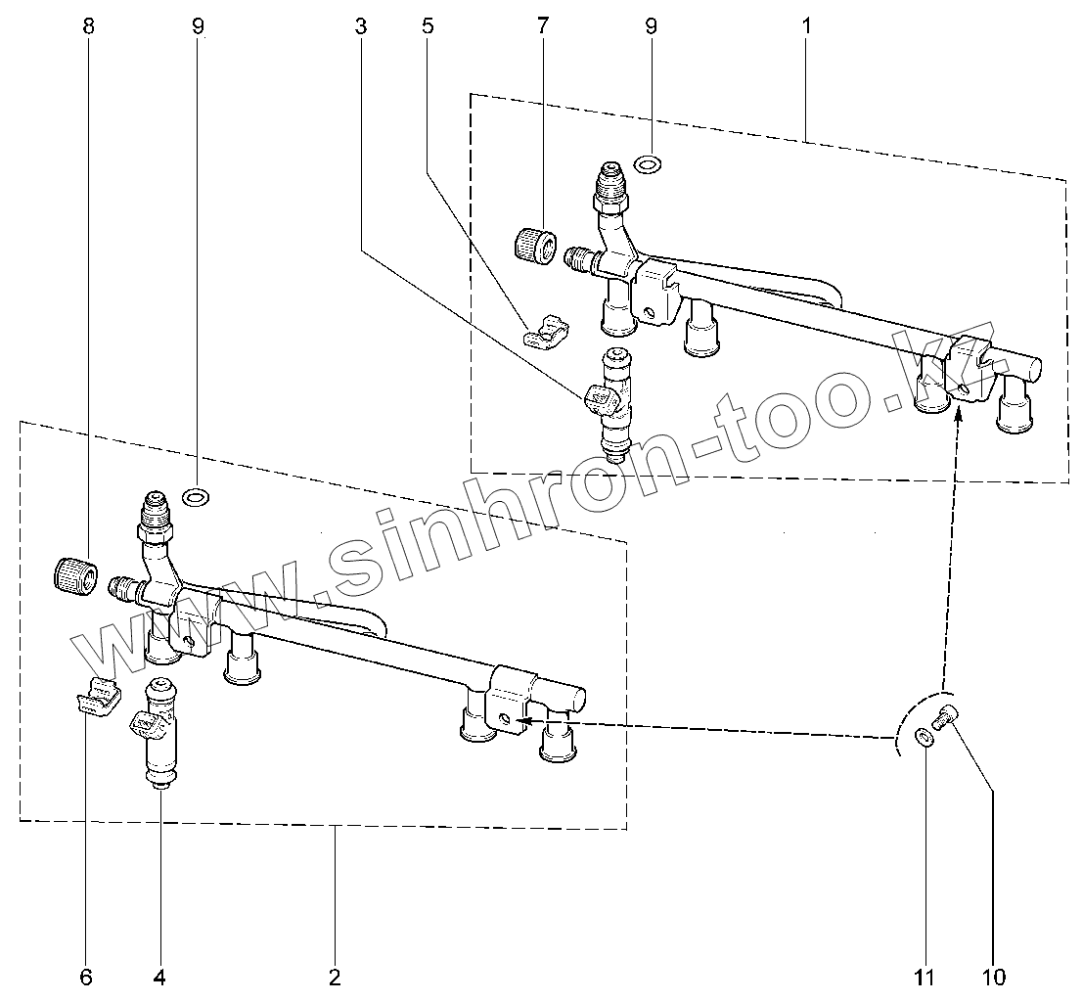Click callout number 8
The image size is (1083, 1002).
pos(89,26)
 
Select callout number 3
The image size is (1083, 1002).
pos(361,26)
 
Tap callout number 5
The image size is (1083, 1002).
pos(428,26)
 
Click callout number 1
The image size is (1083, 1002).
pos(806,26)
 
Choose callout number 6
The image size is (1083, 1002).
pos(85,977)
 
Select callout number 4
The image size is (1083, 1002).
pos(159,977)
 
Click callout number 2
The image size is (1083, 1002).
pos(335,977)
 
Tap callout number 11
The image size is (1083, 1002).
pos(925,977)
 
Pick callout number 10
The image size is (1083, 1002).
pos(995,977)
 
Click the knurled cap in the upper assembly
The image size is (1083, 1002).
pos(533,243)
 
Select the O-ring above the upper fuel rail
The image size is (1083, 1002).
pos(647,162)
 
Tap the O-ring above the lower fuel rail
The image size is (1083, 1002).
pos(196,498)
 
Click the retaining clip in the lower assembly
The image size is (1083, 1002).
pos(96,697)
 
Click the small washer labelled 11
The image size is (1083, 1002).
pos(924,737)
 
